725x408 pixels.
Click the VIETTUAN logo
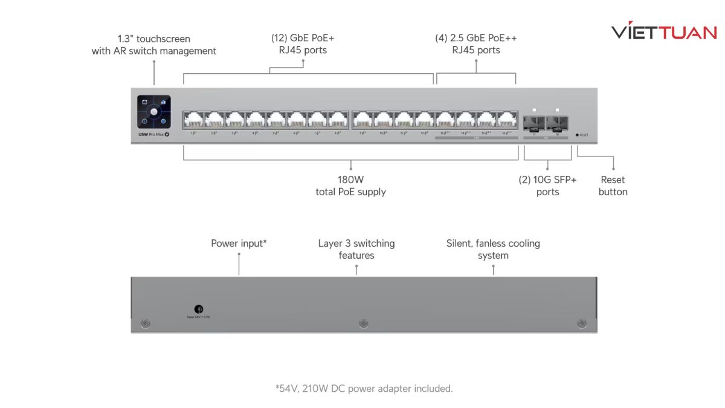pos(663,32)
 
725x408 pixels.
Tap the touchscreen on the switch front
pos(154,112)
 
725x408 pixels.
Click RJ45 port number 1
pos(193,120)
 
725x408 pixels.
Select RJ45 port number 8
pos(338,120)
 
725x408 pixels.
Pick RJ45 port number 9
pos(362,120)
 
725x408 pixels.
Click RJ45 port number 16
pos(508,120)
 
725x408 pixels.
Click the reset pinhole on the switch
pos(577,135)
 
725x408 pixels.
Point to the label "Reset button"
pos(613,186)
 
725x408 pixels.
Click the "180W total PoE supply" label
pos(350,186)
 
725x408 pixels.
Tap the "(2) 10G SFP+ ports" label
pos(547,186)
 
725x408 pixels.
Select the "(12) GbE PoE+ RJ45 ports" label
pos(303,44)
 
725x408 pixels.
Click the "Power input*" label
pos(239,243)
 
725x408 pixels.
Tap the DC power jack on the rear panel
pos(199,309)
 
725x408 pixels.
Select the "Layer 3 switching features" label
pos(356,249)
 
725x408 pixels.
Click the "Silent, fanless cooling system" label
pos(493,249)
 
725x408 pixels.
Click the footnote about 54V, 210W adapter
pos(364,388)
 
